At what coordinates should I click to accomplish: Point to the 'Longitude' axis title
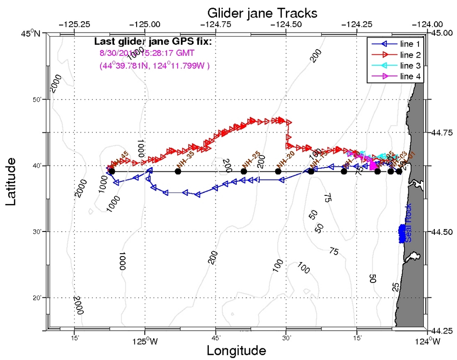pos(236,350)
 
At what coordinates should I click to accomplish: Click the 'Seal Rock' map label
pos(408,228)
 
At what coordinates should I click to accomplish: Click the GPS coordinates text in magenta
pos(154,65)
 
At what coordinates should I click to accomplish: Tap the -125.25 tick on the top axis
pos(75,24)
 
